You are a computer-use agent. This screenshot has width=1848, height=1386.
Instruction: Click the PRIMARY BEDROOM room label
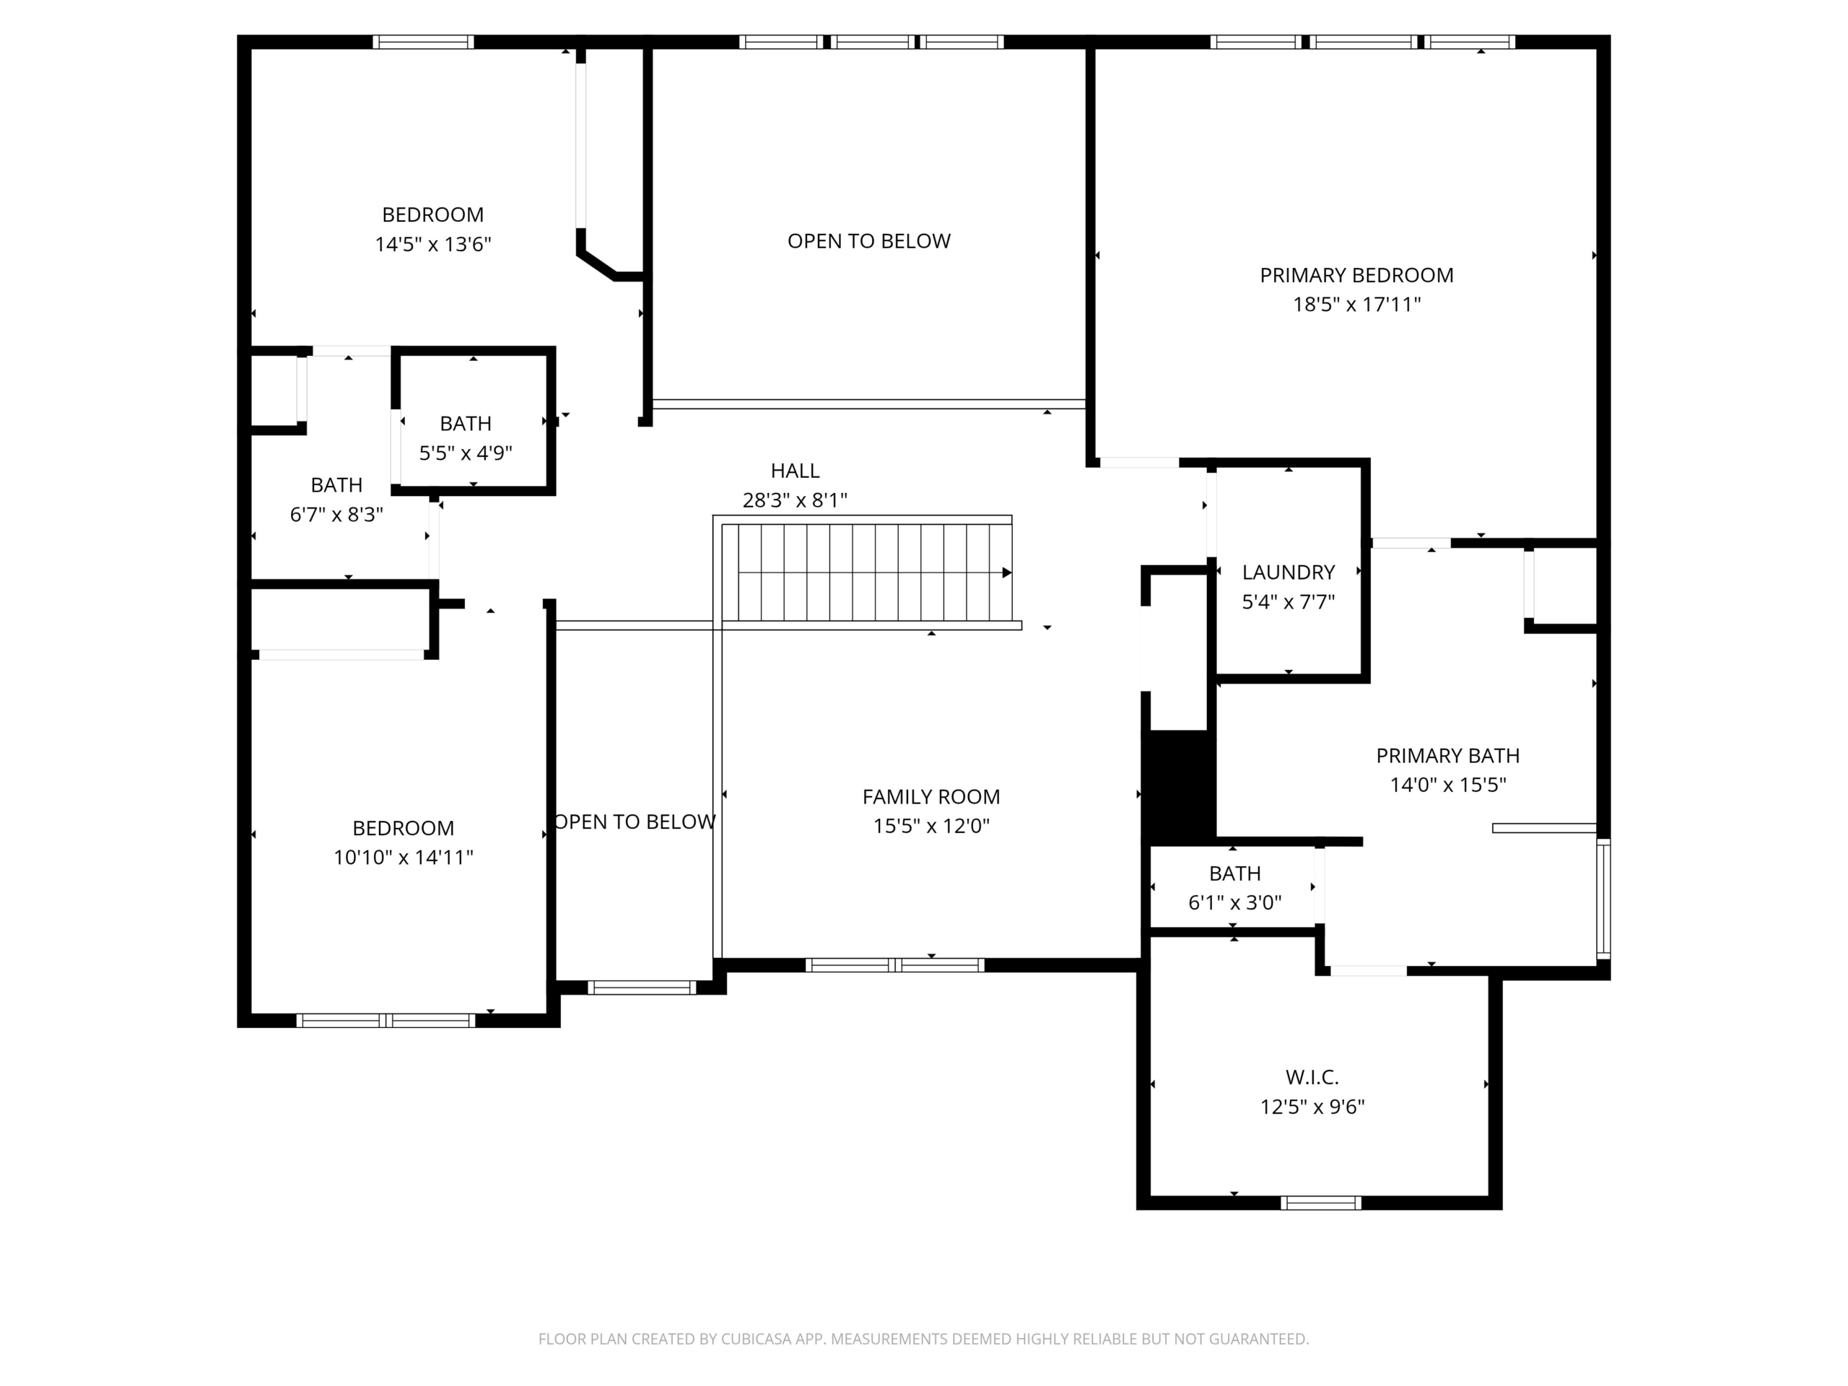click(1356, 275)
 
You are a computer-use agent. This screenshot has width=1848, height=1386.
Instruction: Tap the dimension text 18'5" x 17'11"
click(1356, 304)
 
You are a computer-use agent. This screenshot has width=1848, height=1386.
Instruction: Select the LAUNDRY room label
click(1289, 572)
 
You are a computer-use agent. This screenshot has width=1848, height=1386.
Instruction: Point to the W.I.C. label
click(1312, 1077)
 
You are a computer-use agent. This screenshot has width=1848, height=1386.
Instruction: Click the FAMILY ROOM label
click(930, 796)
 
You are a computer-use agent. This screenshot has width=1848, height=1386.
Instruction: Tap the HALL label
click(795, 471)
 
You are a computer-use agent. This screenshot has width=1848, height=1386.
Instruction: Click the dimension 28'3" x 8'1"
click(795, 500)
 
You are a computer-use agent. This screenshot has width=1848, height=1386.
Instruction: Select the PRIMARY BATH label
click(1448, 755)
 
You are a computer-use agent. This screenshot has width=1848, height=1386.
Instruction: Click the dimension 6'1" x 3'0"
click(1235, 902)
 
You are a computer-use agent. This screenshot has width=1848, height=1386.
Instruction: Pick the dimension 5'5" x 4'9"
click(466, 453)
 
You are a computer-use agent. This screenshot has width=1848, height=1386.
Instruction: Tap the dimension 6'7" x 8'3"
click(336, 515)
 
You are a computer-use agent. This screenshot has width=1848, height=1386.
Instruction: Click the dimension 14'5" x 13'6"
click(432, 244)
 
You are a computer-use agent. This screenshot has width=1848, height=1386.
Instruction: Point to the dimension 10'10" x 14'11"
click(404, 857)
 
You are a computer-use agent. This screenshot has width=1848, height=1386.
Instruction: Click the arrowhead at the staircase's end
click(1007, 572)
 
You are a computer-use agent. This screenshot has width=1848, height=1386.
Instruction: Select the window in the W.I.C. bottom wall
click(1321, 1203)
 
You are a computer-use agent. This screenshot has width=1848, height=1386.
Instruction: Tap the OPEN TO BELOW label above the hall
click(869, 240)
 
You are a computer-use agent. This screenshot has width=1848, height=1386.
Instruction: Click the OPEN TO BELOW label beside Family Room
click(635, 821)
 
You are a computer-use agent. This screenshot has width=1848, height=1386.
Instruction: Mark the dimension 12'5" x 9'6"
click(1312, 1106)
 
